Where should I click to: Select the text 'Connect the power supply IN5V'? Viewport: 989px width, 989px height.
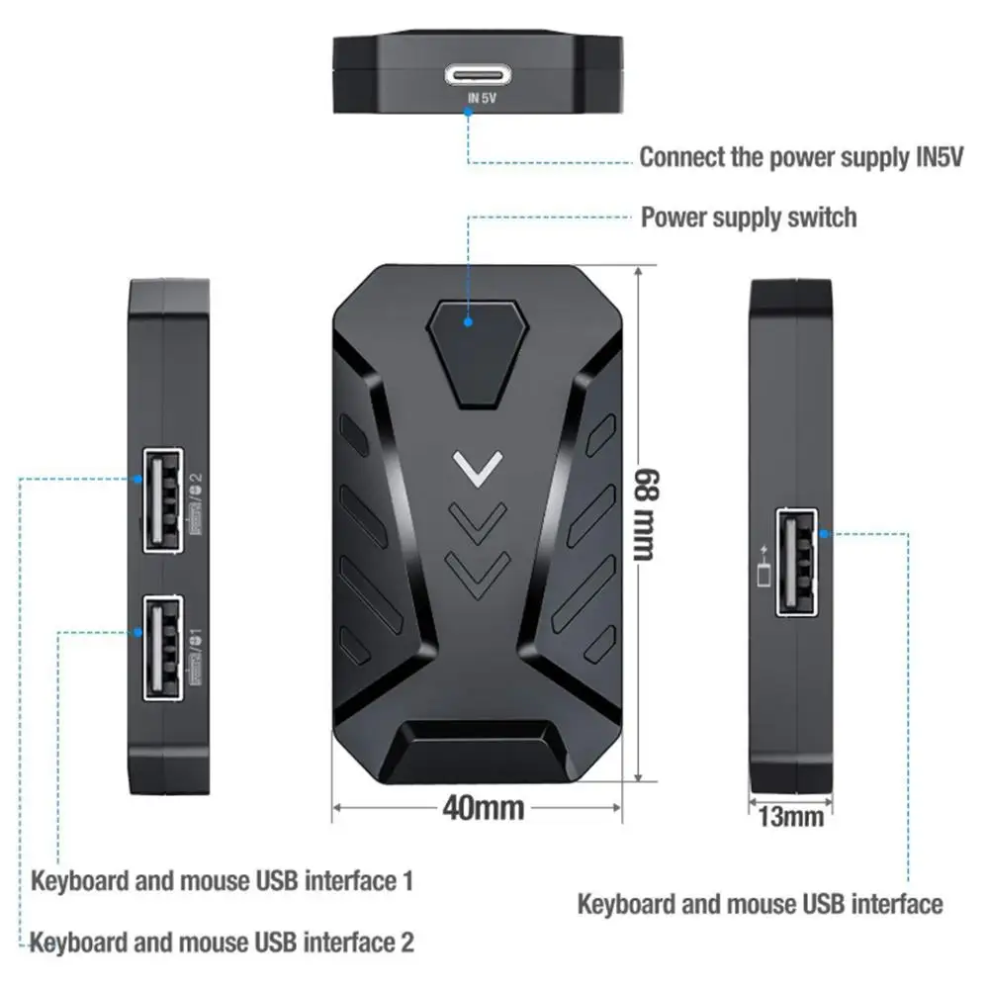click(801, 157)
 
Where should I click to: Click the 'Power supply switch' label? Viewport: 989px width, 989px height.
click(749, 217)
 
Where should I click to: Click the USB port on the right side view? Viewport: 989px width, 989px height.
click(797, 563)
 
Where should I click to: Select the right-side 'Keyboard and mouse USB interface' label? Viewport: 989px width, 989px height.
click(760, 903)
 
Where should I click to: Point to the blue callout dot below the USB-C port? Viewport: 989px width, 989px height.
click(468, 112)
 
